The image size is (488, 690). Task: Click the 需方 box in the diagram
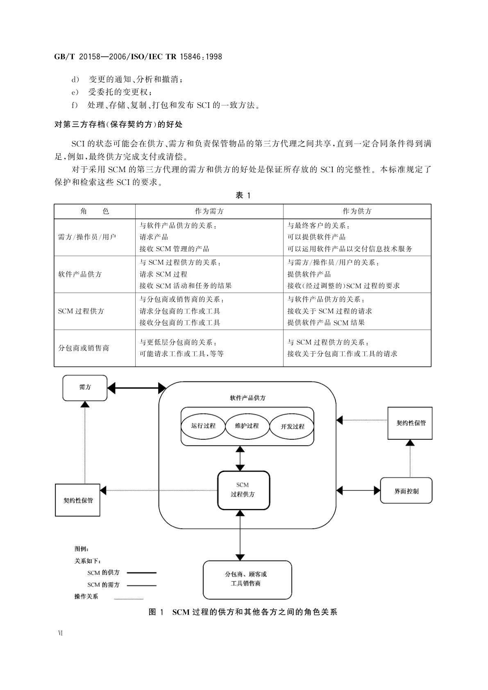[85, 388]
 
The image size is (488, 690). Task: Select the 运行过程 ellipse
[203, 426]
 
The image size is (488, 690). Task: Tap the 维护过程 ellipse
[247, 426]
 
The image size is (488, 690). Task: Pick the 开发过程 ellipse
[292, 426]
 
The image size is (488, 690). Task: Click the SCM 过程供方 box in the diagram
[243, 490]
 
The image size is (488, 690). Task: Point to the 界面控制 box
[406, 491]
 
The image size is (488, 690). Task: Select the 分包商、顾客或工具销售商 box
[247, 579]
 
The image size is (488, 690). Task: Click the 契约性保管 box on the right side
[410, 423]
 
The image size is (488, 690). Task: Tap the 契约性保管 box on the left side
[77, 500]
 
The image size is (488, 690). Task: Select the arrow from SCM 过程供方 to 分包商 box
[240, 535]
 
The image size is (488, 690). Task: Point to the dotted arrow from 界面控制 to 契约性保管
[410, 459]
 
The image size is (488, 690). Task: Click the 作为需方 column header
[209, 211]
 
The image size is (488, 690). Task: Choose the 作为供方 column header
[357, 211]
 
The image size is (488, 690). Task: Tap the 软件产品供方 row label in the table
[80, 274]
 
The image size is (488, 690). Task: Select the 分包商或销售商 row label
[84, 348]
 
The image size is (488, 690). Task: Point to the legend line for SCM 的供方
[141, 572]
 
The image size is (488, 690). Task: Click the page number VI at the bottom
[60, 633]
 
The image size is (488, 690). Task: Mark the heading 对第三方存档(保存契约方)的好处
[118, 124]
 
